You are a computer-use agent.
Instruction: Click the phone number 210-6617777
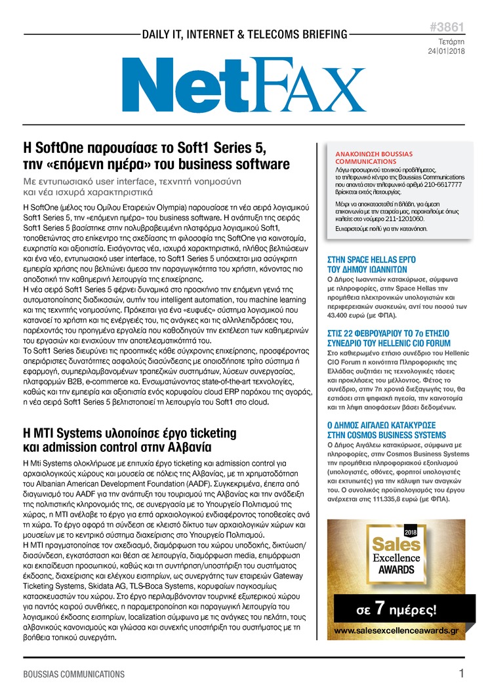coord(439,185)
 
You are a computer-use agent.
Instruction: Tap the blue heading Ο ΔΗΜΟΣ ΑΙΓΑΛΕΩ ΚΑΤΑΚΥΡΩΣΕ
coord(386,430)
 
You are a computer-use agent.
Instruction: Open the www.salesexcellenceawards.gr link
coord(405,630)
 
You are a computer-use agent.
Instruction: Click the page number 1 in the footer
coord(462,673)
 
